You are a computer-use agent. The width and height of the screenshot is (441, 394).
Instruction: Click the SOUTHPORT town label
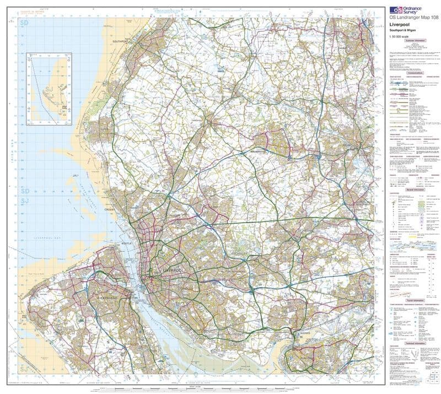120,41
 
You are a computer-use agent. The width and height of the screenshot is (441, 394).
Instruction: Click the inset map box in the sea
50,88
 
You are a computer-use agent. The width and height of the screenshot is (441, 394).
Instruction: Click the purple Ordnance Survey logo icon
395,10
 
